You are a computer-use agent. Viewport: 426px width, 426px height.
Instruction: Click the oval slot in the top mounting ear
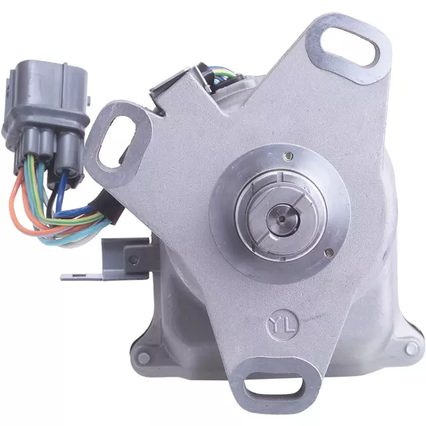[349, 47]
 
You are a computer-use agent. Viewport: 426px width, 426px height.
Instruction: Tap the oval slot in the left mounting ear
[117, 142]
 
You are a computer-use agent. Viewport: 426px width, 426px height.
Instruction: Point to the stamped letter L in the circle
[290, 326]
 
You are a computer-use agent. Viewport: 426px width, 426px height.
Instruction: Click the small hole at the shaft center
[283, 218]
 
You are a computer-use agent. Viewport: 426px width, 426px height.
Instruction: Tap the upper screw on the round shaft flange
[288, 156]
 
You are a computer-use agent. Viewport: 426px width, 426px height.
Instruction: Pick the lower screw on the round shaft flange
[329, 252]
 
